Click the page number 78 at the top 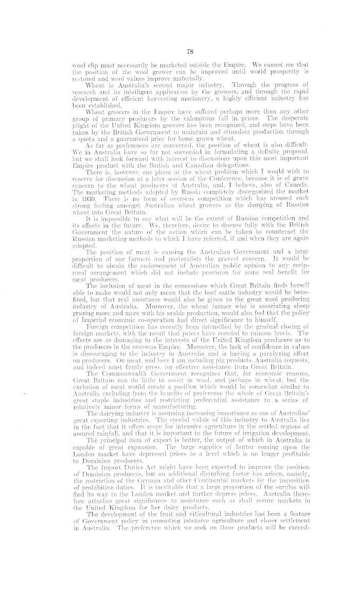(x=179, y=50)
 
